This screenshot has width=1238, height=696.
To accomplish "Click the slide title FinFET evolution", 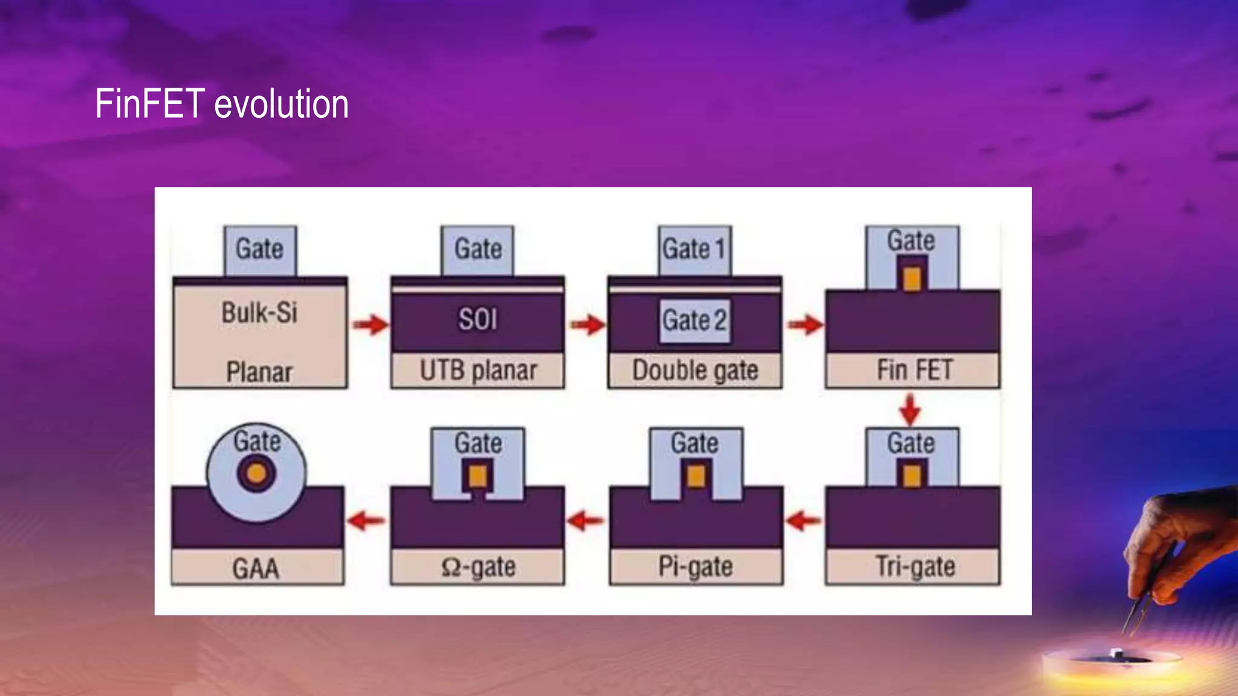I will (221, 104).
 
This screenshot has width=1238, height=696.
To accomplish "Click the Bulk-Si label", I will (259, 313).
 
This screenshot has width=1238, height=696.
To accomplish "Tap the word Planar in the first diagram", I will (259, 372).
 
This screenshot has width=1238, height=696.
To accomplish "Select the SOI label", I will (478, 319).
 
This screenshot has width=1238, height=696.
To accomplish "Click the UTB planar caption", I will (478, 370).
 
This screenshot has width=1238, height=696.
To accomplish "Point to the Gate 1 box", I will (694, 250).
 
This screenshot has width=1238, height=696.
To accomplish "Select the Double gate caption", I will (695, 370).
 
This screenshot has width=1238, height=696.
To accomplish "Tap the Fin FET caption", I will (914, 370).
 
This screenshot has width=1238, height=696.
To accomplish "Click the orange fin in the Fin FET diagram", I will (912, 279).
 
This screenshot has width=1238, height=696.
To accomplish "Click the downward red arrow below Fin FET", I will (910, 409).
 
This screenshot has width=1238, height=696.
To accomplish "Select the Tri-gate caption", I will (915, 567).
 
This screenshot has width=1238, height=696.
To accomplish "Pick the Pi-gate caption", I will (695, 567).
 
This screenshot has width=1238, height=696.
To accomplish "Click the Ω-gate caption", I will (478, 567).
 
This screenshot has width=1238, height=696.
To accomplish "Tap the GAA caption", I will (256, 569).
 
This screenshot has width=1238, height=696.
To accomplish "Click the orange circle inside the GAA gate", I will (256, 473).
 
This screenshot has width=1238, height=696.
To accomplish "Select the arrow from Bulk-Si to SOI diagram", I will (370, 325).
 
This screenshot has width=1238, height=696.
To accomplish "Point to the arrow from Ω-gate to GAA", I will (366, 520).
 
